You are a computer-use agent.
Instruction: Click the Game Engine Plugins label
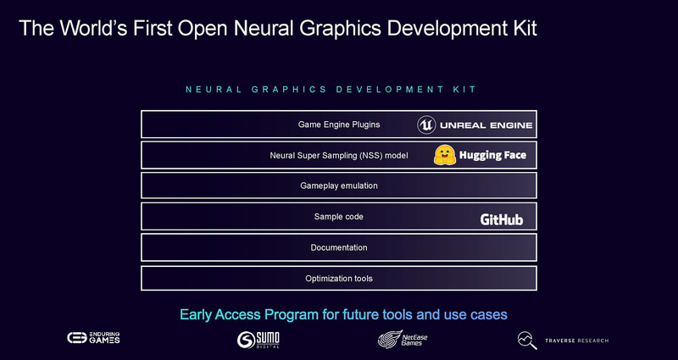339,125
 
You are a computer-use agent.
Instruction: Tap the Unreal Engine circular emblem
427,125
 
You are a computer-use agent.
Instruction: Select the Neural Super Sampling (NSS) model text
339,155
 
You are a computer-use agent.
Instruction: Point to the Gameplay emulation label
339,186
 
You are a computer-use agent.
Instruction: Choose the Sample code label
339,217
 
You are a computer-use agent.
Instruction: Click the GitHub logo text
502,219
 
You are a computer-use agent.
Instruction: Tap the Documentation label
339,247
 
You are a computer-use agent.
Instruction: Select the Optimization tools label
339,278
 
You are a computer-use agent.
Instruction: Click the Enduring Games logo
94,339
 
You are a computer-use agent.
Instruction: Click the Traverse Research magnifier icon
527,340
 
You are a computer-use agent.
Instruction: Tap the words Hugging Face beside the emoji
492,155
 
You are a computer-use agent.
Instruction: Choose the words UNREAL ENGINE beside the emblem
486,125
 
